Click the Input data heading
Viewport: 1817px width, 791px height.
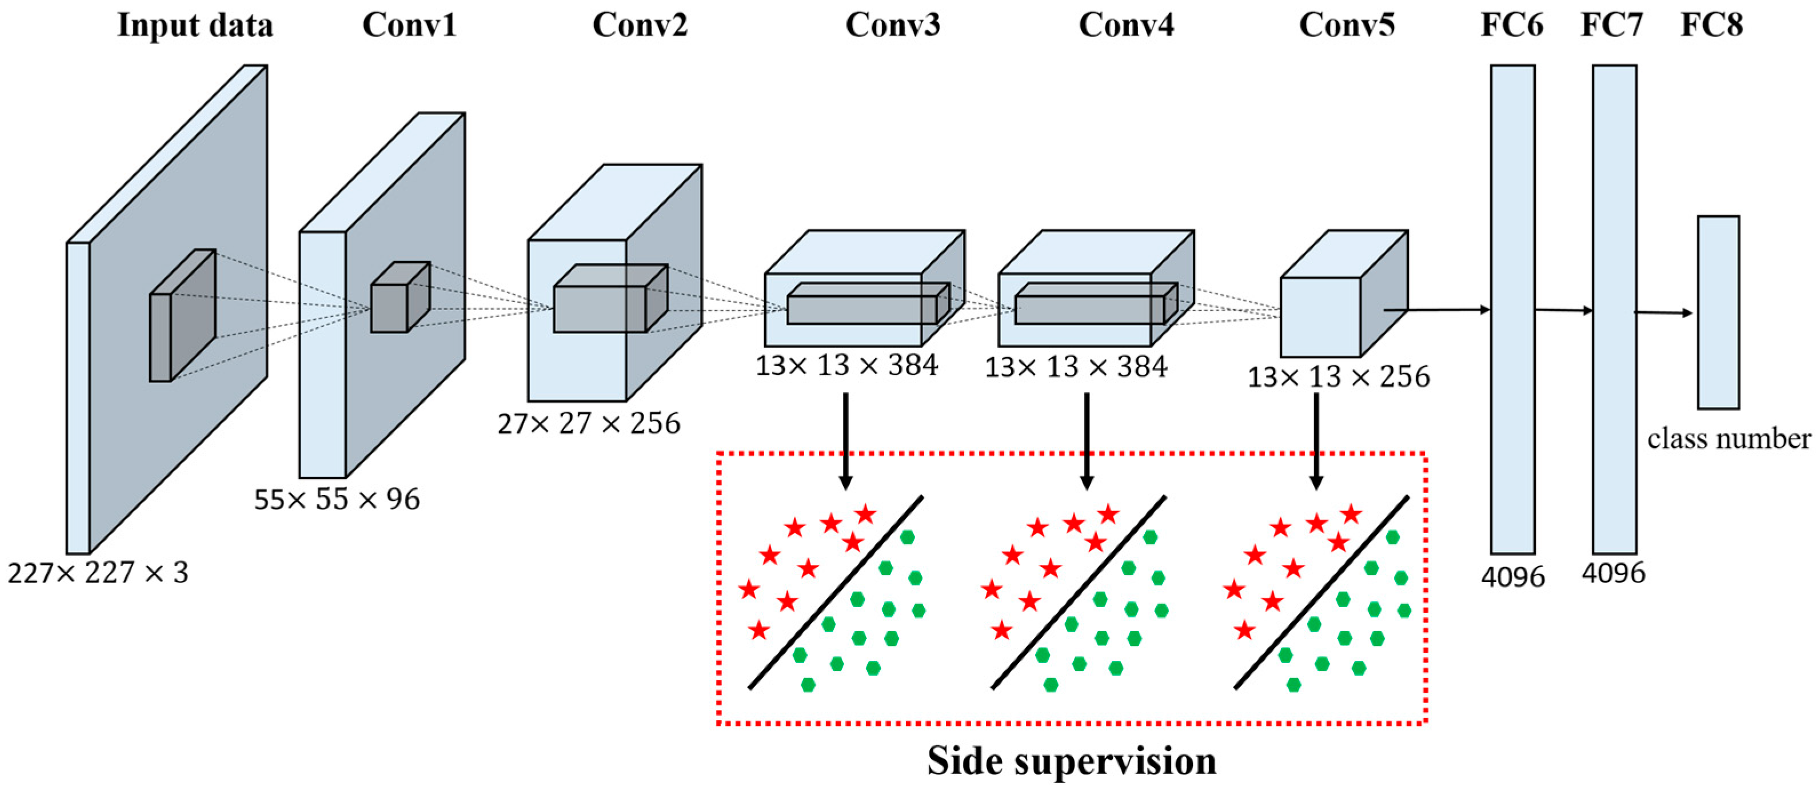195,25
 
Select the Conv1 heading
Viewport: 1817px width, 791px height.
409,25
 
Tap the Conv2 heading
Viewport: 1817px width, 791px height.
639,25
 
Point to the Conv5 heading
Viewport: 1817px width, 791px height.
1347,25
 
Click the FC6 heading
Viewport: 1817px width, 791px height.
1512,25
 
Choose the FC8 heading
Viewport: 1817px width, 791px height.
1711,25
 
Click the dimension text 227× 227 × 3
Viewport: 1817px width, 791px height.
98,572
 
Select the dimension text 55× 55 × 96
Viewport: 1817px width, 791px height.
337,499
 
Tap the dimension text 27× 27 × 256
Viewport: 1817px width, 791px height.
588,423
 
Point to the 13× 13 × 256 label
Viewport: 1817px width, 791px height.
1338,376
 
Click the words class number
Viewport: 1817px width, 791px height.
1728,439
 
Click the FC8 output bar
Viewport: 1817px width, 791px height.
1718,312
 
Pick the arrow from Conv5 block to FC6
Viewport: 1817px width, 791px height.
1439,310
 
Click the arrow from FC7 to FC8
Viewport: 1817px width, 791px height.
1663,312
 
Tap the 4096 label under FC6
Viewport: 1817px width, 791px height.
1512,577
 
